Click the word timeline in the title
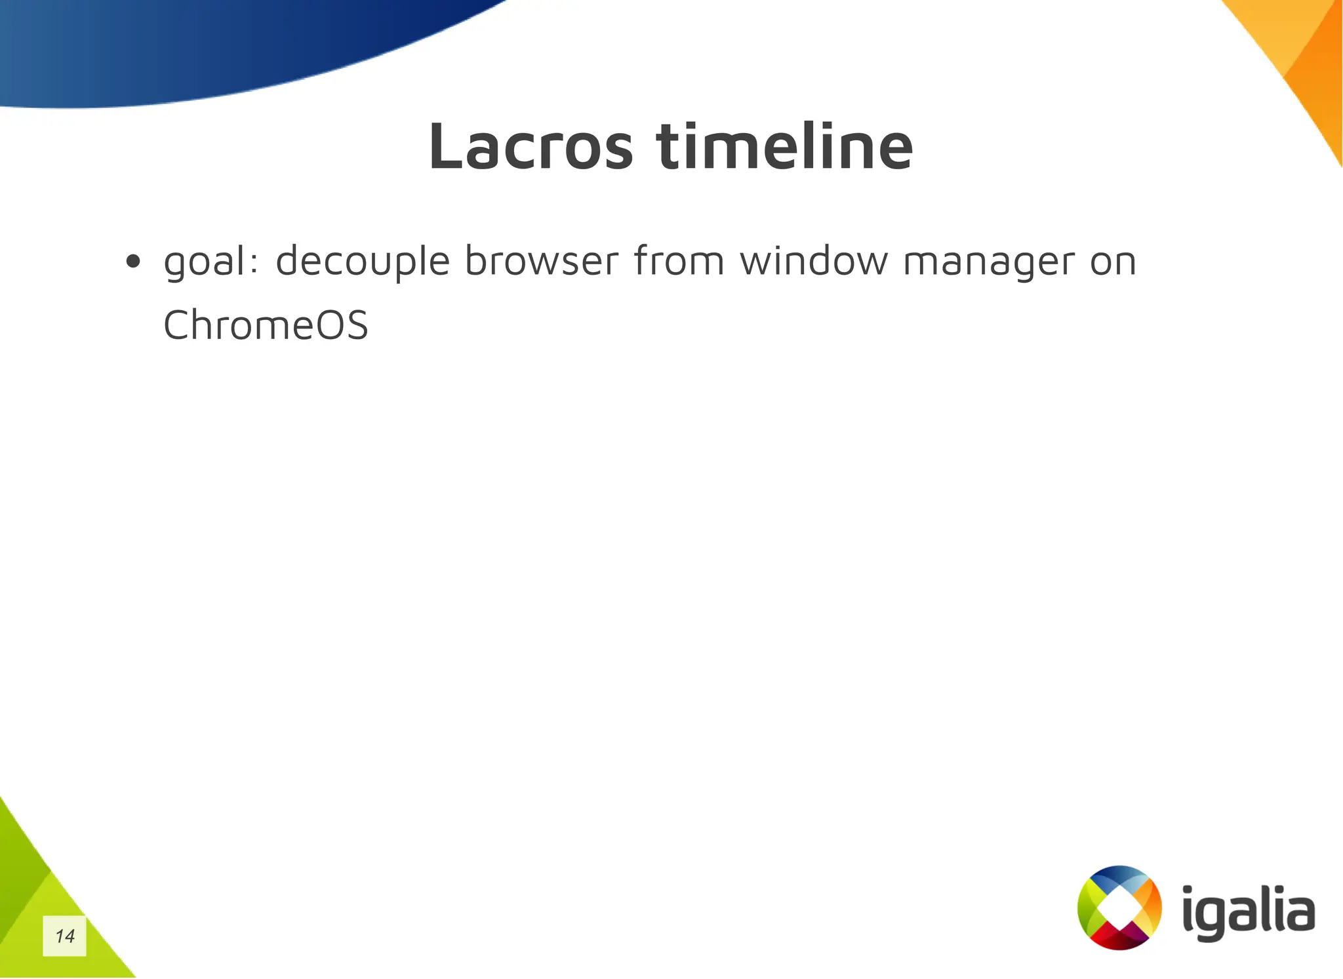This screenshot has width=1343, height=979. [784, 147]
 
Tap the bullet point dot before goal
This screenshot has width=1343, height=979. [133, 262]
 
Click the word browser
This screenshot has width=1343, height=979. [541, 261]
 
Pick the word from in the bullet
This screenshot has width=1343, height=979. [679, 261]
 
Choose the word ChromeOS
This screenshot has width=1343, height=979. [266, 325]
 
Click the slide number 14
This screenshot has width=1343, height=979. [65, 936]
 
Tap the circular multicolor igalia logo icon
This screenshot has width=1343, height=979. [1119, 908]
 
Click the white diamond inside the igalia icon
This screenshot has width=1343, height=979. [1119, 908]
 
